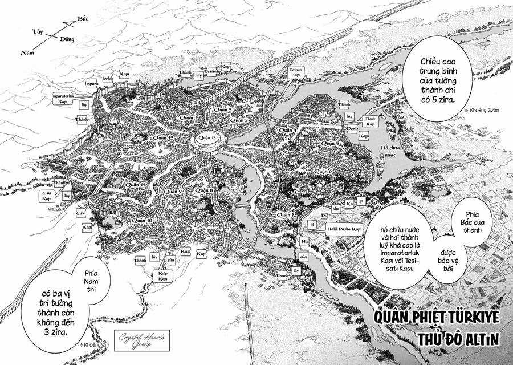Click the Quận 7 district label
tap(283, 214)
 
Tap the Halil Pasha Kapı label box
tap(344, 229)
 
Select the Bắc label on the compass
tap(83, 19)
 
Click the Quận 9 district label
tap(173, 192)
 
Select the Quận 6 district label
tap(323, 171)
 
